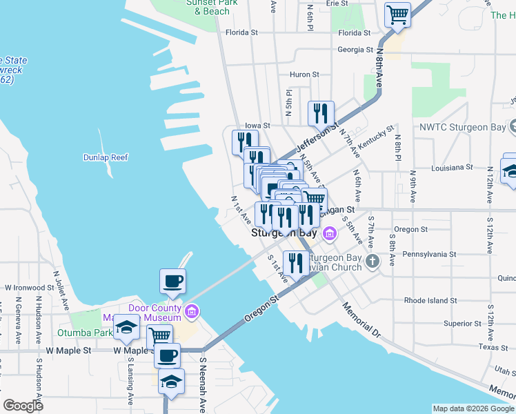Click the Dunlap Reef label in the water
pyautogui.click(x=106, y=157)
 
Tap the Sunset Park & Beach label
pyautogui.click(x=208, y=7)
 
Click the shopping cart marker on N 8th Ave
pyautogui.click(x=397, y=14)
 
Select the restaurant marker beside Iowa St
pyautogui.click(x=321, y=113)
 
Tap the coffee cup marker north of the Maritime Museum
pyautogui.click(x=172, y=281)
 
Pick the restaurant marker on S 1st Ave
pyautogui.click(x=295, y=263)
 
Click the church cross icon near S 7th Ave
pyautogui.click(x=373, y=261)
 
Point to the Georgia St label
pyautogui.click(x=355, y=50)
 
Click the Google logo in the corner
pyautogui.click(x=23, y=405)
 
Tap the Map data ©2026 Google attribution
pyautogui.click(x=473, y=408)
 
